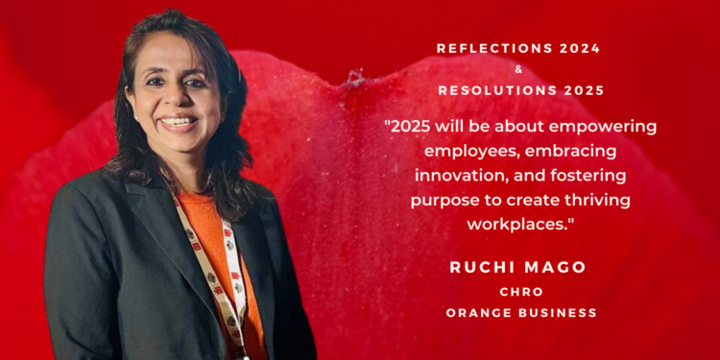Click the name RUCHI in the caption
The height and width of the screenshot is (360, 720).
tap(480, 267)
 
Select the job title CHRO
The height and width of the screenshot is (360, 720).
tap(521, 291)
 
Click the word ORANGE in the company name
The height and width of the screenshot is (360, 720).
tap(477, 313)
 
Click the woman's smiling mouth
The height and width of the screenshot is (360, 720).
tap(179, 123)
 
